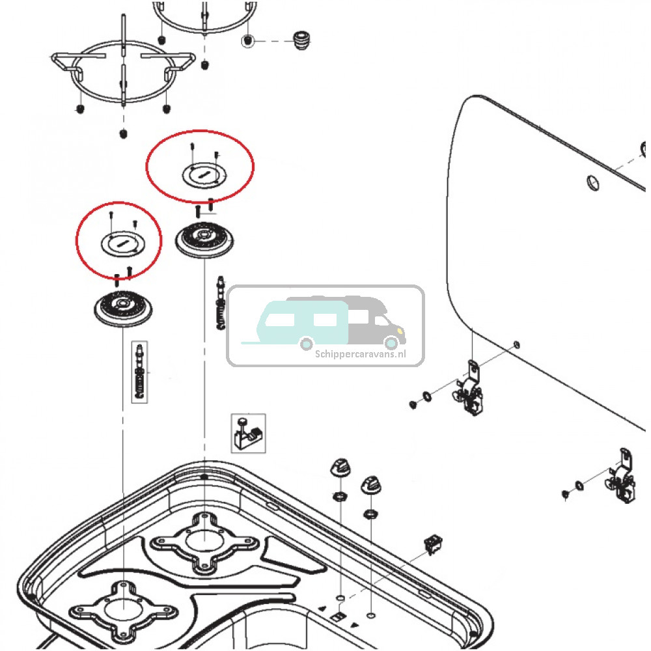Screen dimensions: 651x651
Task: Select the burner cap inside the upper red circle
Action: click(201, 174)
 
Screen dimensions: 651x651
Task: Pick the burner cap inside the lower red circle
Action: click(120, 242)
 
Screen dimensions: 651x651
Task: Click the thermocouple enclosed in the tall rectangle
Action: click(139, 372)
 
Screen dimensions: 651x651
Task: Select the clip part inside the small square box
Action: click(247, 432)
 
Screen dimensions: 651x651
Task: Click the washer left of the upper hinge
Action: click(427, 395)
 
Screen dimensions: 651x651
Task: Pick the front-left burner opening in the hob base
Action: click(122, 609)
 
